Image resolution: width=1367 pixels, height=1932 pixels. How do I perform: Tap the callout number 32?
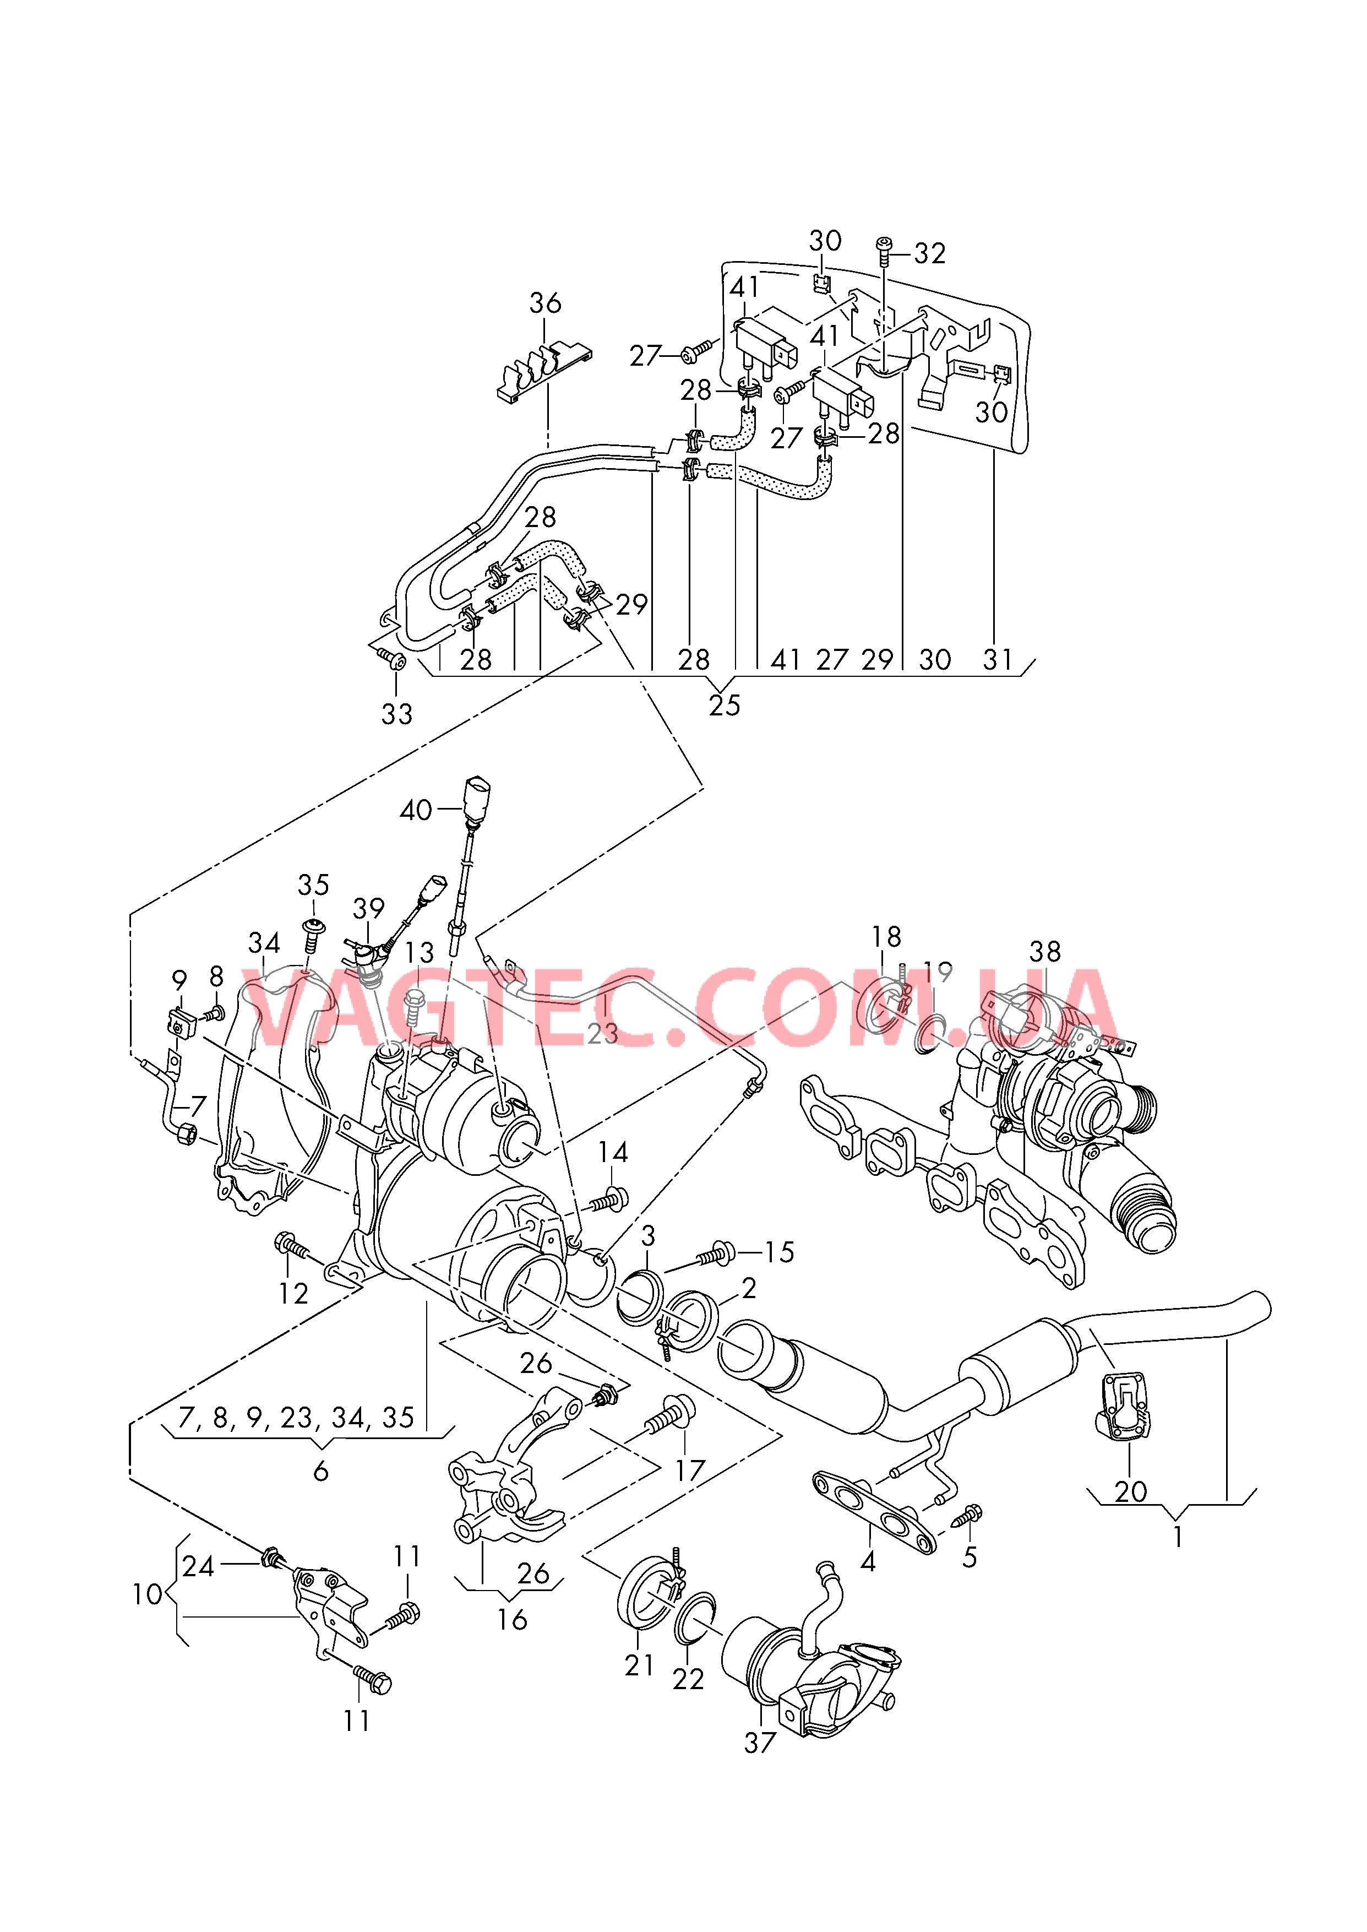(929, 253)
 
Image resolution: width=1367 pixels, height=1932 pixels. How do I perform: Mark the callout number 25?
(724, 705)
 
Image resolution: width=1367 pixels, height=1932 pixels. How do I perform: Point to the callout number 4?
(868, 1561)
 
